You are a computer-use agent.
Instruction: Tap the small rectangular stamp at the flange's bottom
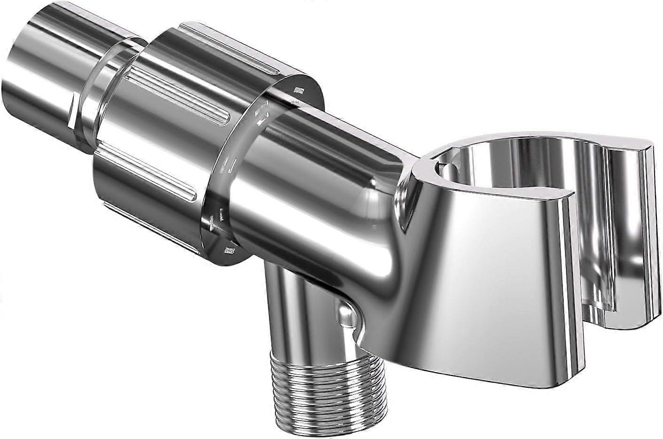coord(230,250)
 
